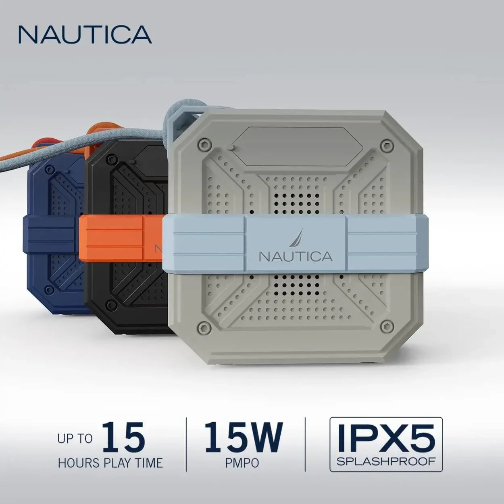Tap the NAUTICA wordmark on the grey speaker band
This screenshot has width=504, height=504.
[x=296, y=256]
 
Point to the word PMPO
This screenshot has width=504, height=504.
[x=242, y=462]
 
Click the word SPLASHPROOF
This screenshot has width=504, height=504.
[x=386, y=461]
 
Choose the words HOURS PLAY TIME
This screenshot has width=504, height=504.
[x=110, y=462]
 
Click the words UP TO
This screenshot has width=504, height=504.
[x=75, y=439]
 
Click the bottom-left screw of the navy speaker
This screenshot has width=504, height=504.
[x=50, y=290]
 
